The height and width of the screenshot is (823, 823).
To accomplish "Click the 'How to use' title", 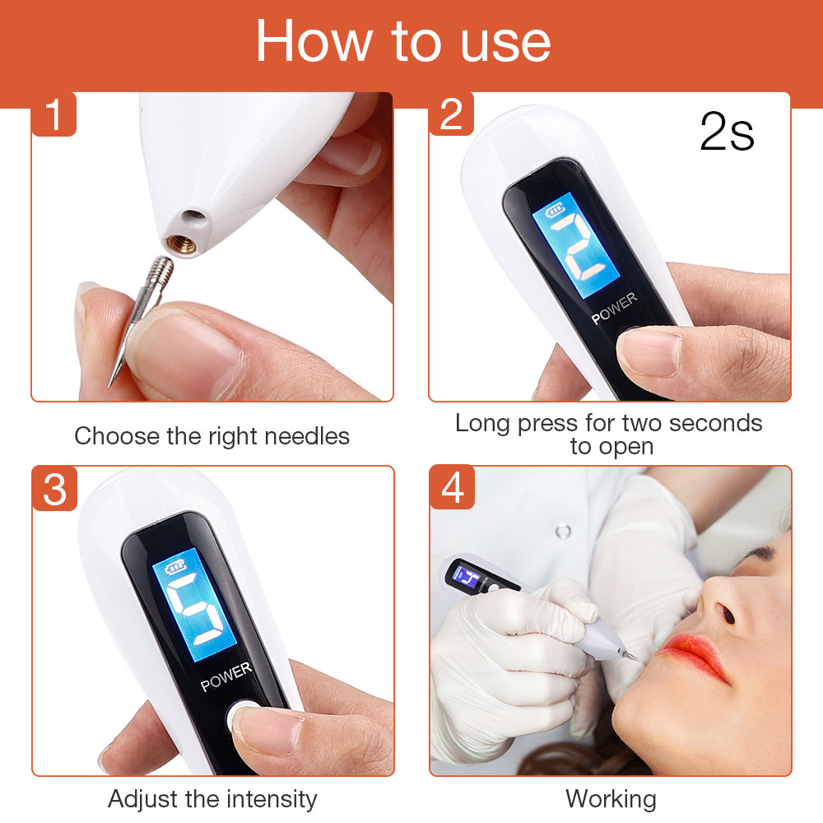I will point(403,41).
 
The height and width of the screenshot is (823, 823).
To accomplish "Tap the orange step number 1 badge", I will point(54,114).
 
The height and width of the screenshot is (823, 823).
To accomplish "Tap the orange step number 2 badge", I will point(451,114).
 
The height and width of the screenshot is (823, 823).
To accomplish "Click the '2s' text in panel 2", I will point(727,133).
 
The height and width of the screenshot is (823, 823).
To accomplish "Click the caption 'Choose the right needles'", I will point(212,435).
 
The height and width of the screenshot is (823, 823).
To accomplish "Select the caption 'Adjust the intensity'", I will point(212,798).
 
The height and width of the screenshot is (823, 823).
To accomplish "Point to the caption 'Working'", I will point(611,798).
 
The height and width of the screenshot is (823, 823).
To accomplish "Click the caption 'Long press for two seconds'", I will point(609,423).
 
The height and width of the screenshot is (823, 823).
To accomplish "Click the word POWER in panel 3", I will point(226,677).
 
